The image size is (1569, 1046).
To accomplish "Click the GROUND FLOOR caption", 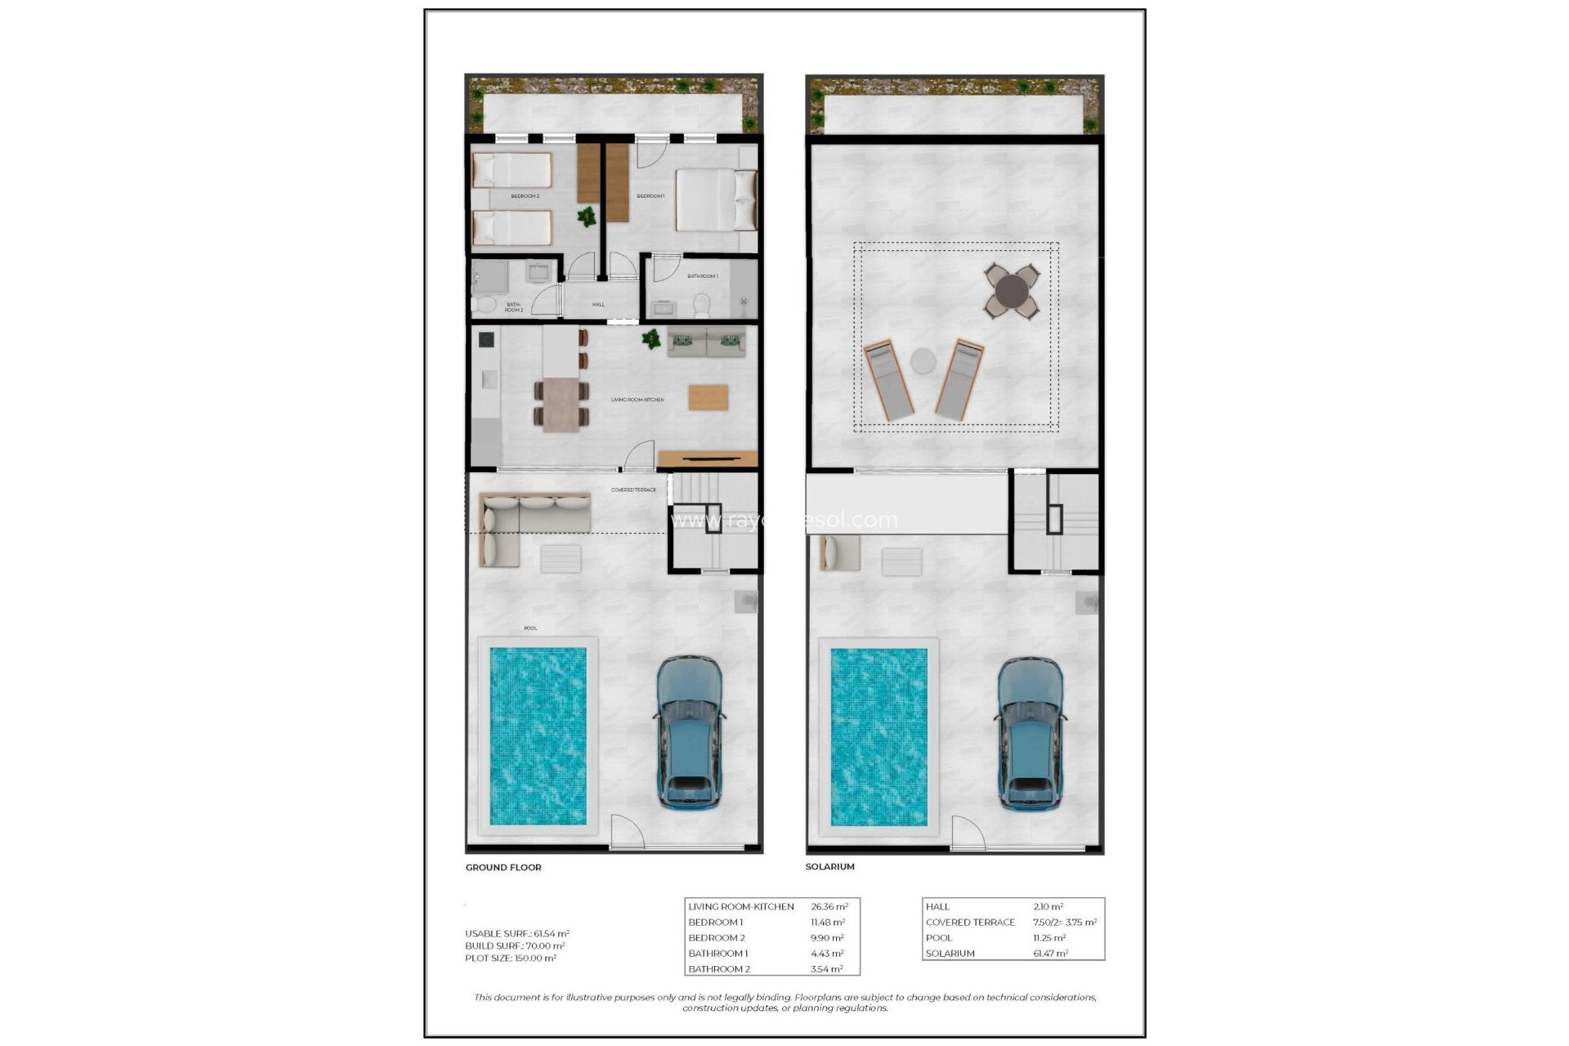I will (x=503, y=867).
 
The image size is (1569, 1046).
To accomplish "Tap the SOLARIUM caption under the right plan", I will (x=829, y=866).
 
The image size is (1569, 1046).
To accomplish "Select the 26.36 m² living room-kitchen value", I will (x=829, y=906).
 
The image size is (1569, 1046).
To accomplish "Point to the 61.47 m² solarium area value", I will (x=1050, y=953).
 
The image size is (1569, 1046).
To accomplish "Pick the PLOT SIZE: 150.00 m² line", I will (x=511, y=958).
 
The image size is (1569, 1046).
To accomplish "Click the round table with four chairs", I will (x=1012, y=290).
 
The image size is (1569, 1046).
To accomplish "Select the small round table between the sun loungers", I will (x=923, y=360).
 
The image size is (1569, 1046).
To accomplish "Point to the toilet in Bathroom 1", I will (x=701, y=306).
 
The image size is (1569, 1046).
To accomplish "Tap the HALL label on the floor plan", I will (x=598, y=304).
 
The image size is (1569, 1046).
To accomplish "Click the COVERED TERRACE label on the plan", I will (x=633, y=489).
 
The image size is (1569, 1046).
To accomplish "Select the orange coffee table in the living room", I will (x=708, y=397).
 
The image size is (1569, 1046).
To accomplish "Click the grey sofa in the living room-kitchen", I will (x=707, y=342).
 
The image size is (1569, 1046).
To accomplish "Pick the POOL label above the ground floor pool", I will (x=530, y=628).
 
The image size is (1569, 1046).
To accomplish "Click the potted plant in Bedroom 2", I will (x=586, y=217).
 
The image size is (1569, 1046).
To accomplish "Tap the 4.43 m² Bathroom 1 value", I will (x=827, y=953).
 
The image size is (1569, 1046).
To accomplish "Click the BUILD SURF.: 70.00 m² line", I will (x=515, y=945).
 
